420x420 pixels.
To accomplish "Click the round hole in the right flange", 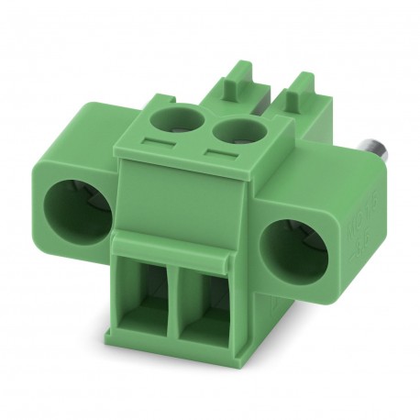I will (x=293, y=251).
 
